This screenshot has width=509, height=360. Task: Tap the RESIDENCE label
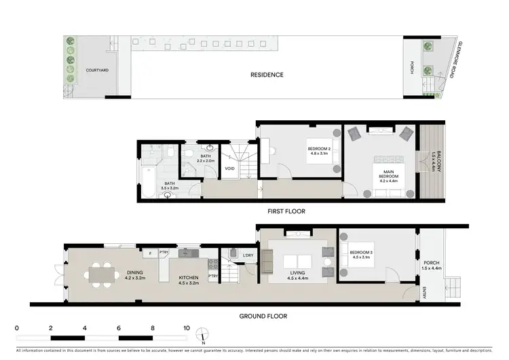point(267,75)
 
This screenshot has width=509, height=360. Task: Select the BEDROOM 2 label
point(318,148)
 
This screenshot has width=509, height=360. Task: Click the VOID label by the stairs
point(230,168)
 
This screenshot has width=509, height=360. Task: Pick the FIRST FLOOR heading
point(287,211)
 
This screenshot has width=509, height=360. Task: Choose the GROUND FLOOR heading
point(264,316)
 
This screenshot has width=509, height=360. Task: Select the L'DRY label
point(248,255)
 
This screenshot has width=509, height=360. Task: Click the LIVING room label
point(298,273)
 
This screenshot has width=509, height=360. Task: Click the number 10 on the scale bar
point(187,327)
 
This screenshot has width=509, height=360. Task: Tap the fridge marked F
point(149,253)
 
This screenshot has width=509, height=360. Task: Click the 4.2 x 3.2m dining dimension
point(136,278)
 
